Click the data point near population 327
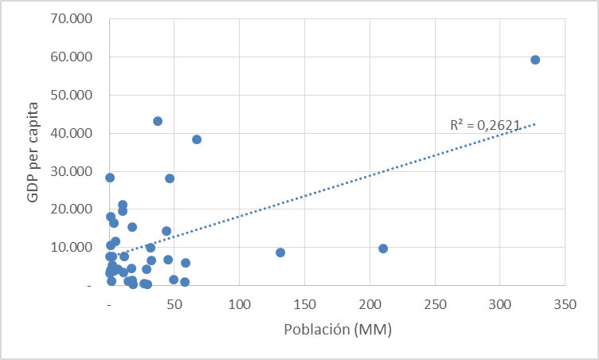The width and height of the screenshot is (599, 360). (x=535, y=60)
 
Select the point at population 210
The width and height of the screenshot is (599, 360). (x=383, y=248)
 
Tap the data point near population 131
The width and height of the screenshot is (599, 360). (x=280, y=252)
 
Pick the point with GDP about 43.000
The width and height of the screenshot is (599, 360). (x=158, y=121)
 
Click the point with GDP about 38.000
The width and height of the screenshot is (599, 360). (x=197, y=139)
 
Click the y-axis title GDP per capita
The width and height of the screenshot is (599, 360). (x=33, y=151)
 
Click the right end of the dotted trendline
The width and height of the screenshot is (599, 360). (x=535, y=123)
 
